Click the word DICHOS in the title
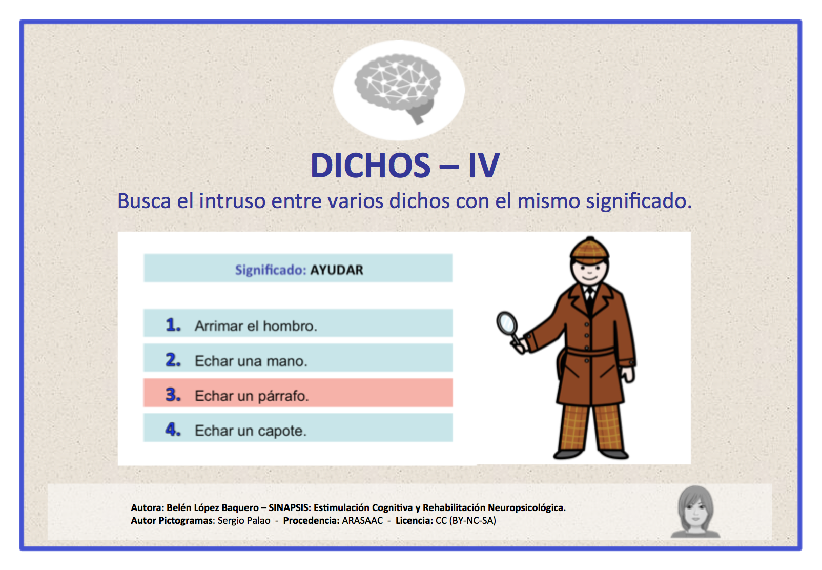point(370,166)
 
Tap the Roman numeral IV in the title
point(483,166)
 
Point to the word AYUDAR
point(336,270)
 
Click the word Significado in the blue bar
point(270,270)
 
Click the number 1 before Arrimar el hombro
point(173,324)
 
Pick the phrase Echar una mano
point(251,361)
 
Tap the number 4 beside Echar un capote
point(173,429)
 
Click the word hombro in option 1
point(290,326)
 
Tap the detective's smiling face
point(589,271)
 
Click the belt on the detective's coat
point(589,352)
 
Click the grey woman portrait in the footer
point(695,511)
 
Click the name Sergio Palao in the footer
point(244,521)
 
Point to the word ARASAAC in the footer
point(362,521)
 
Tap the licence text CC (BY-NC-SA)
point(465,521)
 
